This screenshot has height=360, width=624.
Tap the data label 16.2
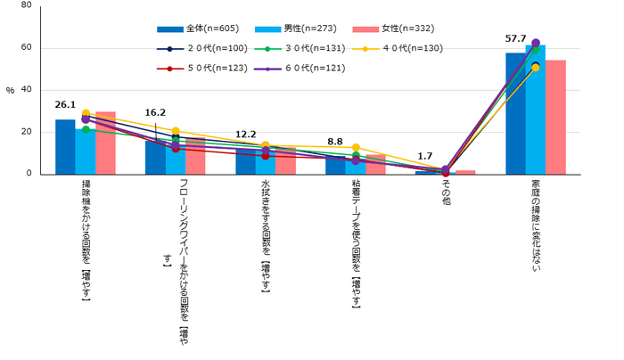coord(155,114)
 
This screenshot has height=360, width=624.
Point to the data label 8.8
coord(335,141)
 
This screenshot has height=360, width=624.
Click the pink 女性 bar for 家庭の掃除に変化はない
coord(555,117)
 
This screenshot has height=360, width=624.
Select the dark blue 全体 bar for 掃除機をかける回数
coord(65,147)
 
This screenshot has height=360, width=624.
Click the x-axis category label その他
coord(446,192)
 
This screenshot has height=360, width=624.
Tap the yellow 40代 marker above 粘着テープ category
coord(356,147)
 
